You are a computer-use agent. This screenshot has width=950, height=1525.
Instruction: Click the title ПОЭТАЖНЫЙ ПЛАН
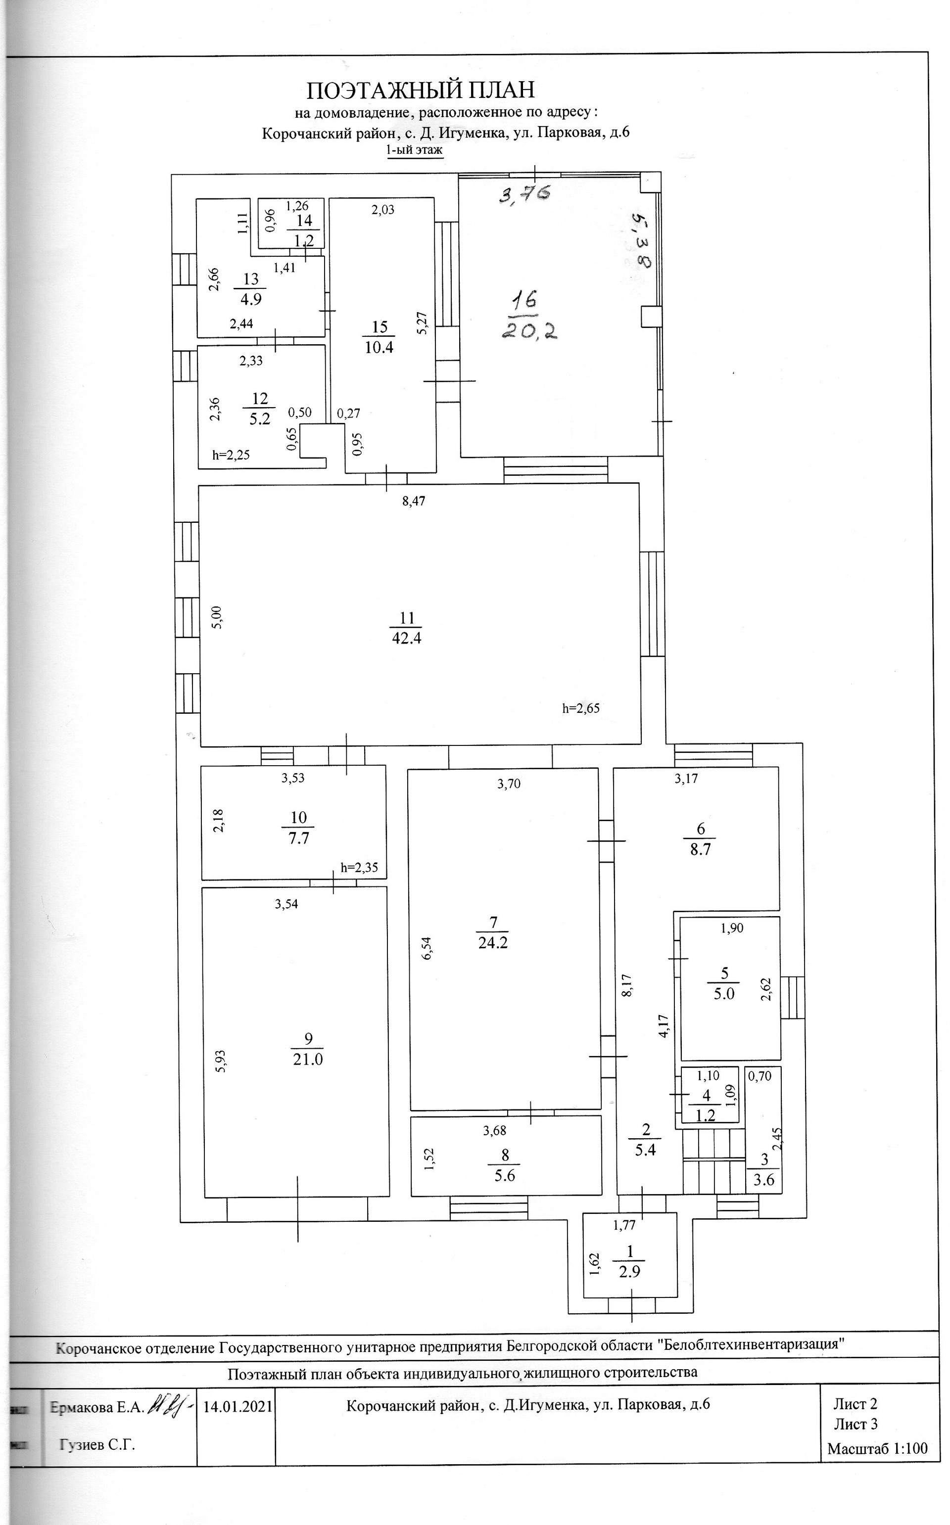click(421, 91)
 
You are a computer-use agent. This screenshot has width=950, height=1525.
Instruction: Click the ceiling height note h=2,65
click(580, 708)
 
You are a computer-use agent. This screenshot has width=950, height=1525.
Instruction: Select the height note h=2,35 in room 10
click(359, 868)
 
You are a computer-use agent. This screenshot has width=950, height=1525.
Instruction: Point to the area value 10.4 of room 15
click(379, 347)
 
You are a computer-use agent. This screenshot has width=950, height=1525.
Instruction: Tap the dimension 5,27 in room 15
click(423, 324)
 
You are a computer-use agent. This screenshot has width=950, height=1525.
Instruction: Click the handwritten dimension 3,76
click(524, 193)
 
